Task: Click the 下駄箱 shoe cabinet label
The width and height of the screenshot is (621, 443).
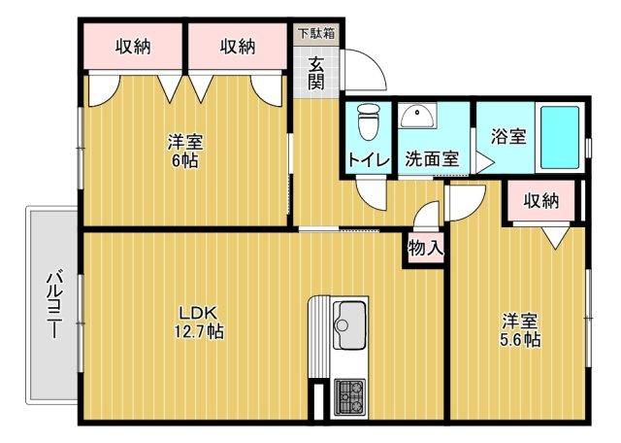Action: point(316,33)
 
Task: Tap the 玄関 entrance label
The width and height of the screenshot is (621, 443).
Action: point(316,74)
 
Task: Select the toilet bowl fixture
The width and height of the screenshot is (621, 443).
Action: point(369,121)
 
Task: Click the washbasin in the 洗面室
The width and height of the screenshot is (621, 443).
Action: point(417,116)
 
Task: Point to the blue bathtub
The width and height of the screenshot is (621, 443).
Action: point(559,137)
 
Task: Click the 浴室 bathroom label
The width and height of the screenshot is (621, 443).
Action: point(508,136)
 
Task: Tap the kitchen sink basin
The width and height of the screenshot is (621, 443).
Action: point(349,325)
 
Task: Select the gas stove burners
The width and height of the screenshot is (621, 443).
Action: point(349,397)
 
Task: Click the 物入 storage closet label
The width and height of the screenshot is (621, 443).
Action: point(426,249)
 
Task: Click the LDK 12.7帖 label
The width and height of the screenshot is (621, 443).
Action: point(200,322)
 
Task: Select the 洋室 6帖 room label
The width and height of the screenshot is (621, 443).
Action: point(185,151)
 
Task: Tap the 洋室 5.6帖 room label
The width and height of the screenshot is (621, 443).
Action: point(520,330)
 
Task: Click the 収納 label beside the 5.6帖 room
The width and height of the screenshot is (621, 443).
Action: point(541,201)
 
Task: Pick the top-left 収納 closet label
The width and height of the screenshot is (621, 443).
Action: point(133,47)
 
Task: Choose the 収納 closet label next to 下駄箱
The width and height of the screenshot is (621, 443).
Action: point(238,47)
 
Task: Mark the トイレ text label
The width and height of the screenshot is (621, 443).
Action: point(369,160)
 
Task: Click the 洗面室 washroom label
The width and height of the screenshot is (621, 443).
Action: point(432,159)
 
